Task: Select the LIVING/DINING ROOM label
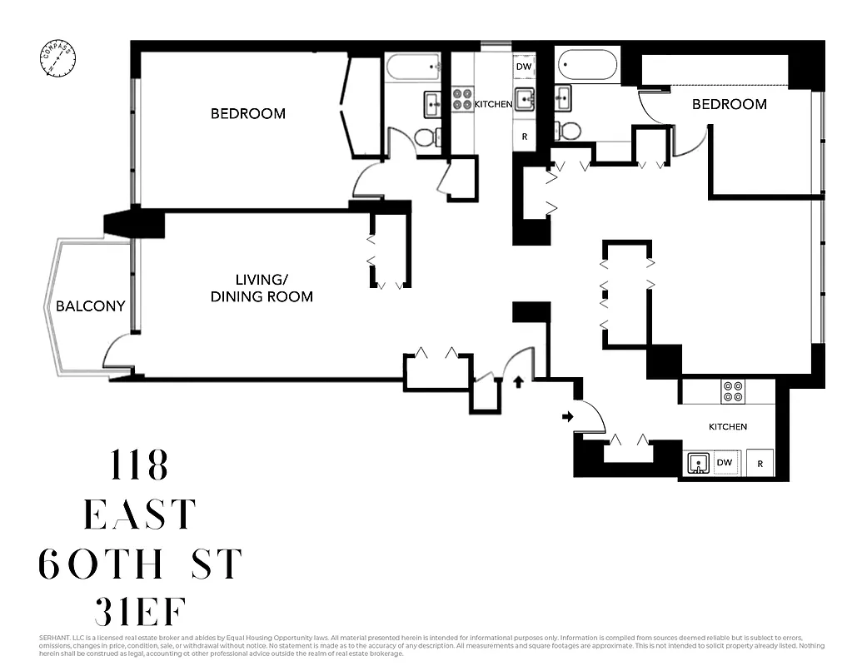tap(262, 289)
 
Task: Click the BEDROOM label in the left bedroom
tap(247, 113)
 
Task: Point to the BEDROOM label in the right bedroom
tap(729, 104)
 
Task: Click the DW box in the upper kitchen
tap(524, 67)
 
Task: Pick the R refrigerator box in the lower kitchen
tap(760, 463)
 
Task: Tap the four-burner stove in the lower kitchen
tap(733, 391)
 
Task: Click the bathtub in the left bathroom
tap(413, 65)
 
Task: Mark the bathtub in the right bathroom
tap(588, 65)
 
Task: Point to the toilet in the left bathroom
tap(424, 137)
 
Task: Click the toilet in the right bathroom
tap(570, 130)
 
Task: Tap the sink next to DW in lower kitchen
tap(698, 463)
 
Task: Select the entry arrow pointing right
tap(568, 416)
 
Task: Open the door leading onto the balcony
tap(117, 354)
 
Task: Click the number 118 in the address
tap(140, 466)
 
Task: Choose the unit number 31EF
tap(140, 614)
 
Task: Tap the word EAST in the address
tap(140, 515)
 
